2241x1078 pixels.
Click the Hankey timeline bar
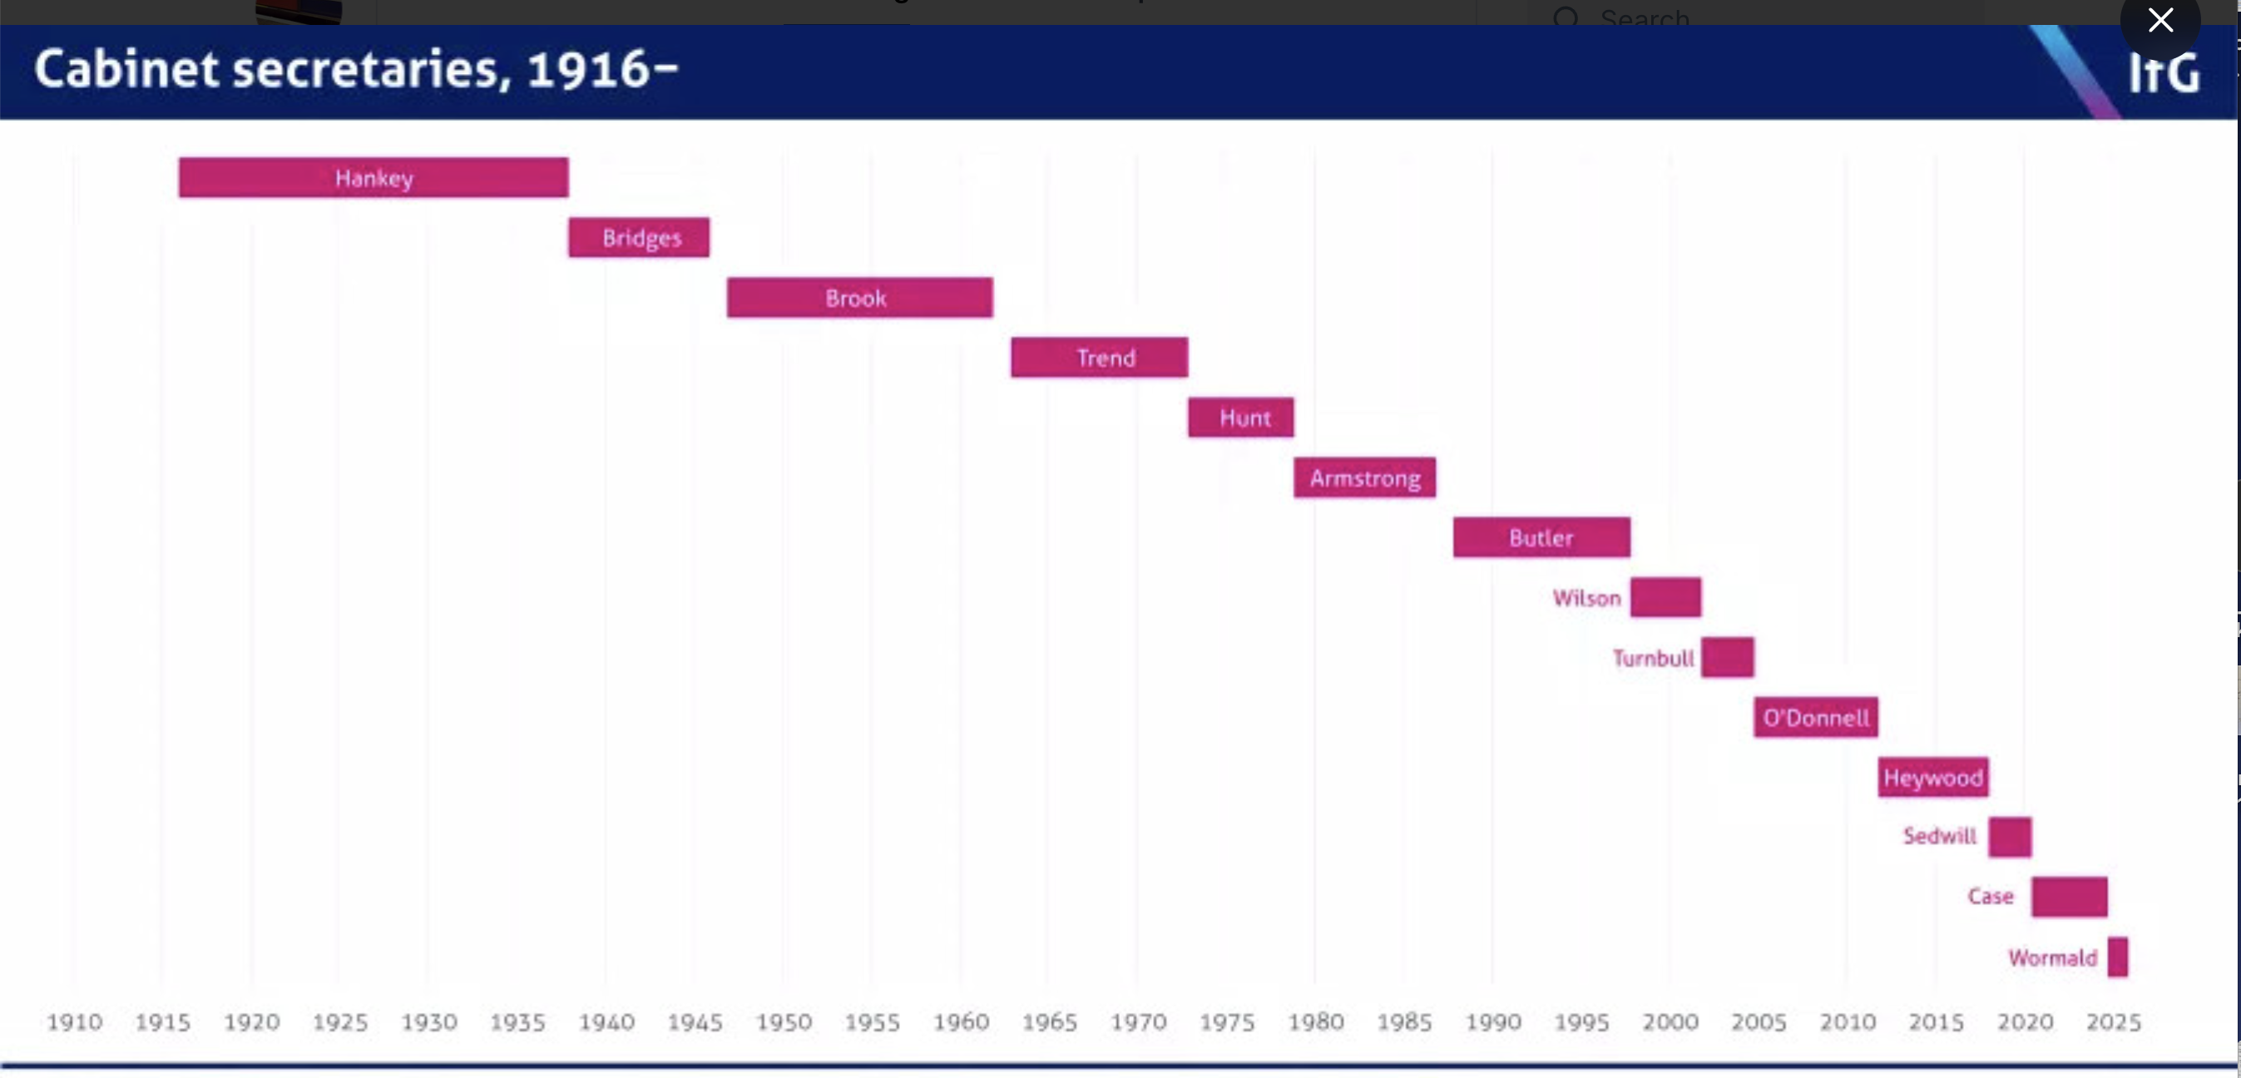click(373, 177)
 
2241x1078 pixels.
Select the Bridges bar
click(639, 238)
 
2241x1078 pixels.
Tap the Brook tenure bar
click(859, 298)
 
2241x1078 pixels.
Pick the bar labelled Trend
click(1099, 358)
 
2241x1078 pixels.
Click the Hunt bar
click(1240, 418)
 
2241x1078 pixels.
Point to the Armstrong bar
click(1364, 477)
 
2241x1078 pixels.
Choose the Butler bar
click(1541, 537)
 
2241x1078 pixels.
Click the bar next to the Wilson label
click(1665, 597)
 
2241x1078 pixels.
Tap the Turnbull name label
click(1653, 658)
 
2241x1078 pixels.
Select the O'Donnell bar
click(1816, 718)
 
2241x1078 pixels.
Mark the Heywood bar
click(1933, 777)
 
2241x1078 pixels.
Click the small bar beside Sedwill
click(2010, 837)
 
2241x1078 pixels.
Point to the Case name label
click(1991, 896)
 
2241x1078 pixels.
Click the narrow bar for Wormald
click(2117, 957)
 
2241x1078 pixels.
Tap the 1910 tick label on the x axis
click(74, 1021)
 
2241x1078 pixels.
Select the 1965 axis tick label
click(1049, 1021)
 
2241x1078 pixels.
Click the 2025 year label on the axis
click(2113, 1021)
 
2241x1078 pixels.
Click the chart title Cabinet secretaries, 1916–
click(356, 70)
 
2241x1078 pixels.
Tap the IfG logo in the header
click(2164, 73)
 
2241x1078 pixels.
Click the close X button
click(2160, 20)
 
